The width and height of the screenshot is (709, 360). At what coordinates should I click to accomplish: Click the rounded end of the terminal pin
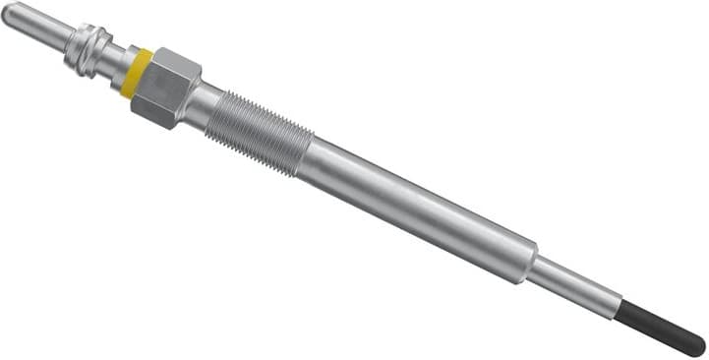point(8,13)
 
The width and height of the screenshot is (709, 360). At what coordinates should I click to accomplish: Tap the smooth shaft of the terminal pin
point(35,27)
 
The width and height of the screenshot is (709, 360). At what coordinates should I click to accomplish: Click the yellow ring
point(136,72)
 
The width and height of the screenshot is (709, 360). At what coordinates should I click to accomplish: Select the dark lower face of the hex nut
point(157,105)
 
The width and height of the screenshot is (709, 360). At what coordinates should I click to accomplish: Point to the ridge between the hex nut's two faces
point(165,90)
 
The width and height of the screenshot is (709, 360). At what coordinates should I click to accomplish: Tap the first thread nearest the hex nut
point(219,111)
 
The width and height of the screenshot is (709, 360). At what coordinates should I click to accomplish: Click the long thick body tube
point(423,208)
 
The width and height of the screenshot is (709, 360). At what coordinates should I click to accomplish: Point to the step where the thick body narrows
point(537,259)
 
